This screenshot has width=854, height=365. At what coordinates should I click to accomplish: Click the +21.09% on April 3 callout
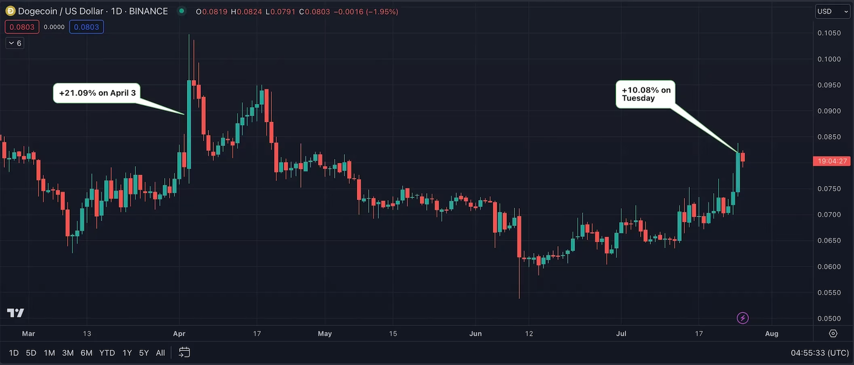[x=97, y=93]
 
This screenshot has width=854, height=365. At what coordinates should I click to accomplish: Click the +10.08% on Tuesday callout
[x=646, y=94]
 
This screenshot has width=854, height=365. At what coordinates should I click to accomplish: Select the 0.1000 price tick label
[x=829, y=59]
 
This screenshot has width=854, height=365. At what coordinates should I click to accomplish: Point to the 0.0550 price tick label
[x=829, y=293]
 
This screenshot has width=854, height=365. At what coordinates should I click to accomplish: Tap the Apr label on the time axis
[x=179, y=334]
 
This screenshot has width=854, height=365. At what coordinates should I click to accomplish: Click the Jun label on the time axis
[x=475, y=334]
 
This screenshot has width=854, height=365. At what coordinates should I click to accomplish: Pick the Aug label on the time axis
[x=772, y=334]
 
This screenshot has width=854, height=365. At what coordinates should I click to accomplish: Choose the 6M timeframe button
[x=86, y=353]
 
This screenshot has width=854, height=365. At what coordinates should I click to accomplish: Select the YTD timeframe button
[x=107, y=353]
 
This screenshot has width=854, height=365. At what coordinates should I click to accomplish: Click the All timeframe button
[x=160, y=353]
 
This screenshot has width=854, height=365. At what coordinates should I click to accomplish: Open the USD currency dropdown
[x=832, y=11]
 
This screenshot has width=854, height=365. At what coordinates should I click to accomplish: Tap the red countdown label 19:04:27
[x=832, y=161]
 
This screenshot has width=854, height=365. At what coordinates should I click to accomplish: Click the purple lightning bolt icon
[x=743, y=318]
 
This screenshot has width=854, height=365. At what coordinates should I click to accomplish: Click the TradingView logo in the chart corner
[x=16, y=313]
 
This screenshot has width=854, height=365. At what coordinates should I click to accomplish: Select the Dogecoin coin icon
[x=10, y=11]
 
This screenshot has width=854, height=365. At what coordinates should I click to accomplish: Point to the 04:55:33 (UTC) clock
[x=819, y=353]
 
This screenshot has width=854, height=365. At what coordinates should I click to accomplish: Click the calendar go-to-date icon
[x=185, y=353]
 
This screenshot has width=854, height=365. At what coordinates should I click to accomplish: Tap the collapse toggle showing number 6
[x=15, y=43]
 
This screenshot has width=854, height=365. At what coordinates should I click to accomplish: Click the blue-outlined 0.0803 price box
[x=87, y=27]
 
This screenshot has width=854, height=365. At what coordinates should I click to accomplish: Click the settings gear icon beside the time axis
[x=833, y=334]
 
